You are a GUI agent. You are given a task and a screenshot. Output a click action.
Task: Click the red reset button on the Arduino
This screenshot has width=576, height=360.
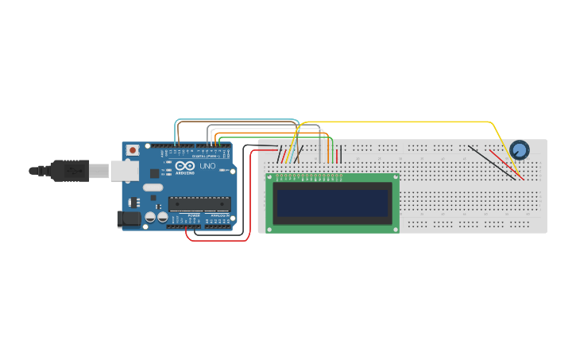click(x=132, y=149)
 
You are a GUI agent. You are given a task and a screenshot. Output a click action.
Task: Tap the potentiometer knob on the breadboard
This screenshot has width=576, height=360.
click(x=519, y=149)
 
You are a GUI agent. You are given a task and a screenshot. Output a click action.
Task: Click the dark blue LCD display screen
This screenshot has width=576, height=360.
click(x=333, y=203)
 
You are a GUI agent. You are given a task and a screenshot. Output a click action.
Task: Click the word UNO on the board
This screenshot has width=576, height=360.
click(x=207, y=166)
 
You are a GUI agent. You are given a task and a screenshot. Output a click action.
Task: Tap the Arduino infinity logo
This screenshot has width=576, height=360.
click(x=184, y=165)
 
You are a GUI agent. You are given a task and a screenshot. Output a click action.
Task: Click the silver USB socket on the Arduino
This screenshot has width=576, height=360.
click(x=123, y=170)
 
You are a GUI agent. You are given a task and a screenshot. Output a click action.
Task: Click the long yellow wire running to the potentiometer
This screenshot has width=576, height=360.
click(x=397, y=122)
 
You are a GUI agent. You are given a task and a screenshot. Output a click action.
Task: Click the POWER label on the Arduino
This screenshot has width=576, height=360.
click(x=194, y=215)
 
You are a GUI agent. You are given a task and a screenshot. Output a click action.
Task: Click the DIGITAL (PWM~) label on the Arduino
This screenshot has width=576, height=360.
click(x=205, y=156)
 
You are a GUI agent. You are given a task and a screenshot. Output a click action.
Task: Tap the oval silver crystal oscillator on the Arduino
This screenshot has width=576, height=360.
click(x=153, y=188)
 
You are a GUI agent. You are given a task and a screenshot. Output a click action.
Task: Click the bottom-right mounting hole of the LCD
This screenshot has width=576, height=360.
click(x=396, y=229)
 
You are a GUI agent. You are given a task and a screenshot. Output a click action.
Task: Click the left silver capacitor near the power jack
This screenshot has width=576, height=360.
click(x=149, y=217)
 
